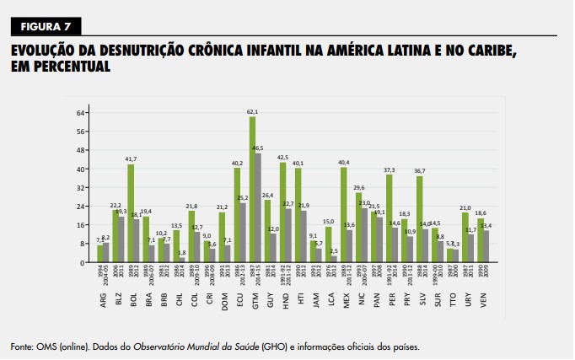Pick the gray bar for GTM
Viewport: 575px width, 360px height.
pyautogui.click(x=258, y=207)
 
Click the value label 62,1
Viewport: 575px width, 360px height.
pyautogui.click(x=252, y=112)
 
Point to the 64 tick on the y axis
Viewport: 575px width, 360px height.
pyautogui.click(x=80, y=113)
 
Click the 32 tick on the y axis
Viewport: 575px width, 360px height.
pyautogui.click(x=80, y=188)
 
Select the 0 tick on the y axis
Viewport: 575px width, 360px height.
pyautogui.click(x=82, y=263)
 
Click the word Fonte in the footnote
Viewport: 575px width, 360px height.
pyautogui.click(x=24, y=346)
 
